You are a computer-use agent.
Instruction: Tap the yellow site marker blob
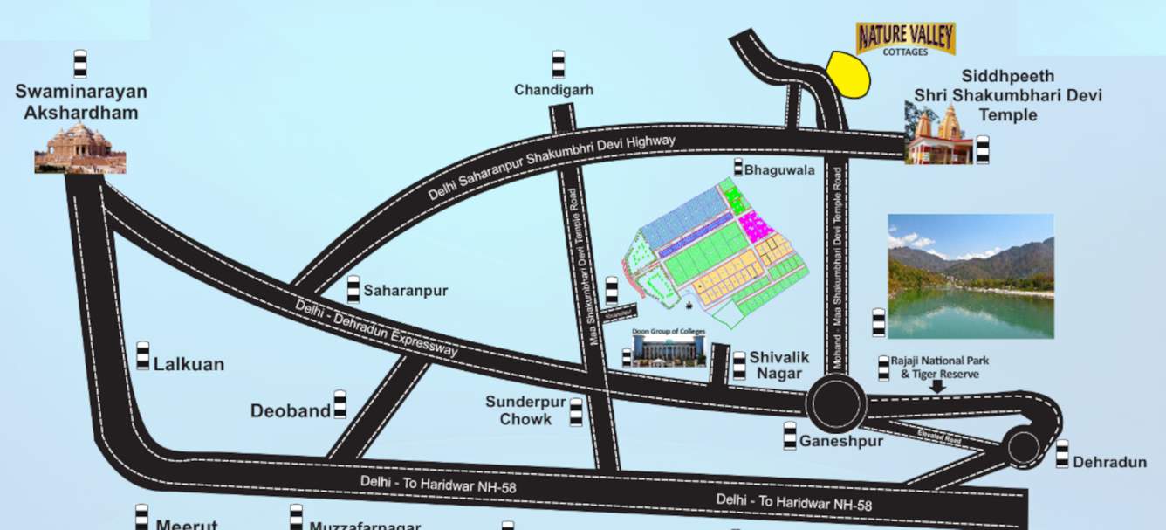pyautogui.click(x=848, y=74)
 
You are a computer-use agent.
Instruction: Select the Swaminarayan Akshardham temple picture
pyautogui.click(x=80, y=148)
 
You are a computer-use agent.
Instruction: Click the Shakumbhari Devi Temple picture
pyautogui.click(x=939, y=135)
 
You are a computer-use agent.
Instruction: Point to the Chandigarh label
pyautogui.click(x=553, y=90)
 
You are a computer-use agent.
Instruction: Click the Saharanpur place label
pyautogui.click(x=405, y=291)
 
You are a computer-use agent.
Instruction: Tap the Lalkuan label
pyautogui.click(x=189, y=364)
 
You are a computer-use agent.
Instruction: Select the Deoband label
pyautogui.click(x=291, y=410)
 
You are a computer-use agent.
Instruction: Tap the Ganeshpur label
pyautogui.click(x=841, y=441)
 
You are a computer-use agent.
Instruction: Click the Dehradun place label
pyautogui.click(x=1109, y=462)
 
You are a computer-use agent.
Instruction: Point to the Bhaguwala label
pyautogui.click(x=779, y=170)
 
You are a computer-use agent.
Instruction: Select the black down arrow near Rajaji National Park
pyautogui.click(x=936, y=386)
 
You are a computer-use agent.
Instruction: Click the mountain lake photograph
pyautogui.click(x=971, y=276)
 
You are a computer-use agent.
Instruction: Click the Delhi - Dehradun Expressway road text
pyautogui.click(x=376, y=327)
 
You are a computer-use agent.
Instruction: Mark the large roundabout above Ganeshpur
pyautogui.click(x=836, y=403)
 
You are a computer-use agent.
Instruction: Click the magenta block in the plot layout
pyautogui.click(x=756, y=227)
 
